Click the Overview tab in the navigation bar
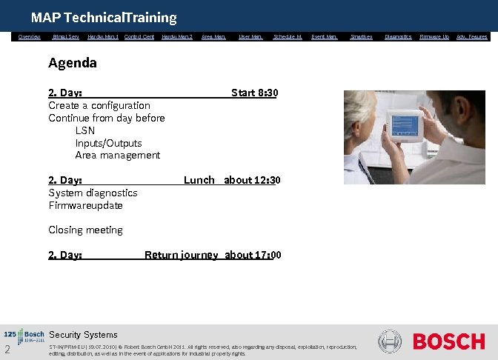click(x=30, y=36)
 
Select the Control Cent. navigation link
click(x=139, y=36)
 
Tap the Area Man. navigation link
click(x=213, y=36)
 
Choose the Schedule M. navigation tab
click(x=288, y=36)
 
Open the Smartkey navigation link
click(x=362, y=36)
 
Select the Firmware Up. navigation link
click(x=434, y=36)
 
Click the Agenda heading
click(x=73, y=63)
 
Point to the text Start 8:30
click(x=254, y=93)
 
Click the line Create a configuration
click(x=99, y=105)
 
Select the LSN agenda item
click(x=85, y=130)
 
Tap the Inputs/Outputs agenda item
click(x=108, y=143)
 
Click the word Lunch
click(x=199, y=180)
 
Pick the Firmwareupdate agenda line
click(x=85, y=205)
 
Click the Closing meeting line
click(x=85, y=230)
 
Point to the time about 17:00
click(x=253, y=255)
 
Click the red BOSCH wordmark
click(x=448, y=341)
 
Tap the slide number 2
click(x=7, y=350)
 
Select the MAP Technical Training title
click(x=104, y=17)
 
